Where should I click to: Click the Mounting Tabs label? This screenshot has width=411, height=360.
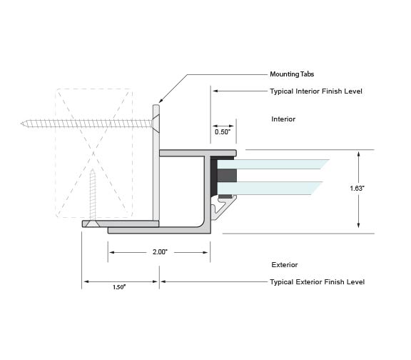click(x=292, y=74)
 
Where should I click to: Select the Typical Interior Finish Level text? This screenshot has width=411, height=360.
click(x=316, y=91)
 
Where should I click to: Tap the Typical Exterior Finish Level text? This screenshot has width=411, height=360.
click(x=317, y=282)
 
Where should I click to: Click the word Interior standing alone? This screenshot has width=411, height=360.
click(x=283, y=119)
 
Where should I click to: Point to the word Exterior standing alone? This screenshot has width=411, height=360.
click(x=285, y=265)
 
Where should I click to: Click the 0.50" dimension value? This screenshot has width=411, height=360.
click(x=223, y=132)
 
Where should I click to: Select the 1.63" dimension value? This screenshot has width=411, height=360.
click(x=357, y=189)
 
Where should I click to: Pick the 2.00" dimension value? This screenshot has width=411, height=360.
click(x=160, y=252)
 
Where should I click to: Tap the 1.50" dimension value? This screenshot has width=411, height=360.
click(x=119, y=287)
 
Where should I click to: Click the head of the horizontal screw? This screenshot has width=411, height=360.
click(x=156, y=124)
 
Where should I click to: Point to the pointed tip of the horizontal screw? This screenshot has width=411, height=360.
click(x=22, y=124)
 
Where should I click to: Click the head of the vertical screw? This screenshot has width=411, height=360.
click(x=93, y=224)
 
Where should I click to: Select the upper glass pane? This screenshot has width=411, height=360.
click(x=273, y=164)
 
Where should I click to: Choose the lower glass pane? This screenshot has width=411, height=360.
click(x=270, y=188)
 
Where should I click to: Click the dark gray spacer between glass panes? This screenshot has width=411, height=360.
click(x=227, y=176)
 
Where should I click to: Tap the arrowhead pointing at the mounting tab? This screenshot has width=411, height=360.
click(x=161, y=101)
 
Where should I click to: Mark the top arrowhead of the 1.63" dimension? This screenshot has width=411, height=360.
click(x=359, y=154)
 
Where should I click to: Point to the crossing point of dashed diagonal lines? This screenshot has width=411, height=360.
click(x=93, y=153)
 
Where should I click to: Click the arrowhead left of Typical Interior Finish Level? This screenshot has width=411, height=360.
click(x=215, y=91)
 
